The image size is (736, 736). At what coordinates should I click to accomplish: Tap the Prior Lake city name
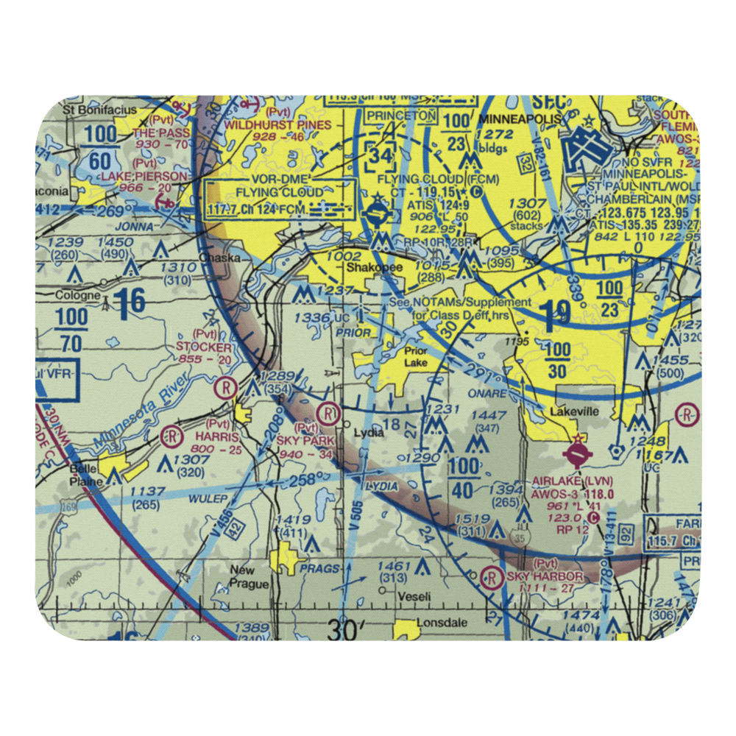[x=415, y=357]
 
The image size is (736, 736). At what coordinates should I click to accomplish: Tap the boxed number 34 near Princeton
[x=381, y=155]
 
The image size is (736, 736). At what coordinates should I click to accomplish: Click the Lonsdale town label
[x=442, y=623]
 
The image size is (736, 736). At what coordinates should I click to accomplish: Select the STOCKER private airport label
[x=203, y=347]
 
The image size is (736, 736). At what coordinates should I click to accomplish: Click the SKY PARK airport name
[x=305, y=440]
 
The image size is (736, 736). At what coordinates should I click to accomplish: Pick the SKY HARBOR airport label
[x=545, y=576]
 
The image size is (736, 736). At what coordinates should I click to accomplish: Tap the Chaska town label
[x=216, y=259]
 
